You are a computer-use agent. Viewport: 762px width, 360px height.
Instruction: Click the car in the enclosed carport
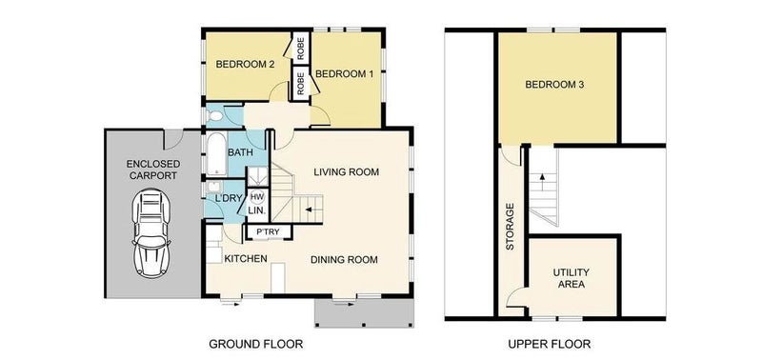151,232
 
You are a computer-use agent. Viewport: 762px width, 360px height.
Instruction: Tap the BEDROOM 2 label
242,64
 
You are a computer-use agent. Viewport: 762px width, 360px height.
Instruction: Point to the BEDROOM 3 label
554,85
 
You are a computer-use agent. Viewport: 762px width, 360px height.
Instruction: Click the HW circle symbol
256,197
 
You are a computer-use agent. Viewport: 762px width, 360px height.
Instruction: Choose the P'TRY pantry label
269,232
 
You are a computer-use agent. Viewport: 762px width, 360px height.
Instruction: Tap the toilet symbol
213,115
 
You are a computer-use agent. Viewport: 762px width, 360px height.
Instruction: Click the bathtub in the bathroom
216,153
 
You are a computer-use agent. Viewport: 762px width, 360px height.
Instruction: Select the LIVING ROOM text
346,172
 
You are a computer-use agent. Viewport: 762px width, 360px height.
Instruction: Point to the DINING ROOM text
344,260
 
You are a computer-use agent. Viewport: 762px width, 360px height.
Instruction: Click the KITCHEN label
246,259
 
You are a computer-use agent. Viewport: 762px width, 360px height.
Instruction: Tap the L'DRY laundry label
226,198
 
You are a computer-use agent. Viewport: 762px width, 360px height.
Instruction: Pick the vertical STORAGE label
510,227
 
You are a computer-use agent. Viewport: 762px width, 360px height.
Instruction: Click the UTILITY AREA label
571,278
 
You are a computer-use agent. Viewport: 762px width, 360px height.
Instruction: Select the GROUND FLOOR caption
255,345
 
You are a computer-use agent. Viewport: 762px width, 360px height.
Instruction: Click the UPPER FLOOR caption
550,345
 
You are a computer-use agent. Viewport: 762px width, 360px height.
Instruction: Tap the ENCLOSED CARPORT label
153,170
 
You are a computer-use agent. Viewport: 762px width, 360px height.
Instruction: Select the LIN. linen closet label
256,210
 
